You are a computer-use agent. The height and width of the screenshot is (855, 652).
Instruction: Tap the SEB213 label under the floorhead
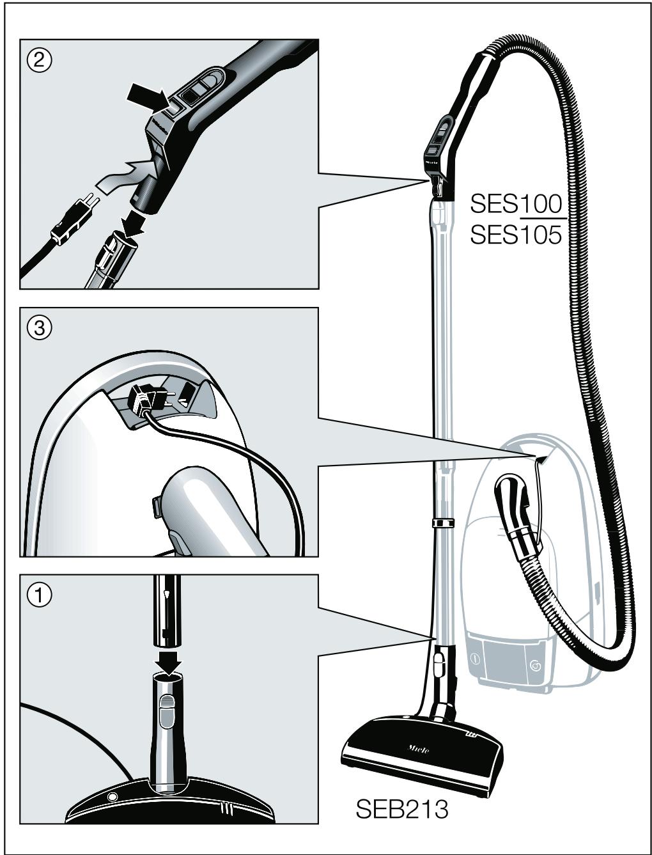click(x=401, y=808)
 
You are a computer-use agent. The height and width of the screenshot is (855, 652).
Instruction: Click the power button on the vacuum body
click(x=475, y=659)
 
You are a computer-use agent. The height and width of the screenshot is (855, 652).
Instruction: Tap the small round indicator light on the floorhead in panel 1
click(x=113, y=797)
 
